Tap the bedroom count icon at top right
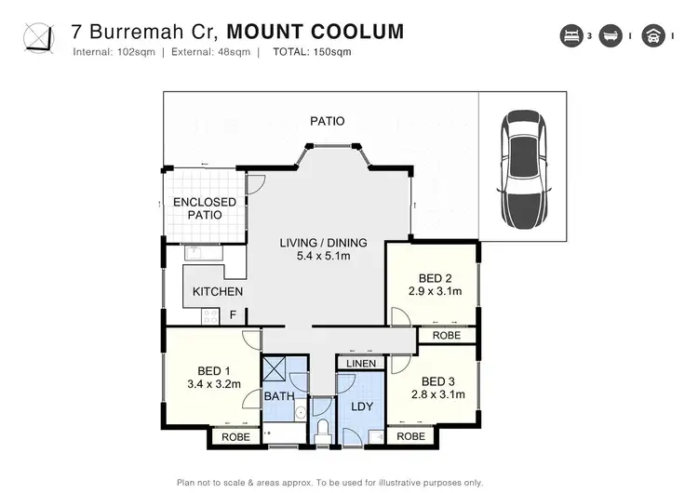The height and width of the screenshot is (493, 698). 569,37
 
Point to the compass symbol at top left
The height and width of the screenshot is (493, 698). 38,38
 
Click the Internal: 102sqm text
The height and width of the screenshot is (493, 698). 114,52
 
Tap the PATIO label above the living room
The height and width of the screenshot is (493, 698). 327,121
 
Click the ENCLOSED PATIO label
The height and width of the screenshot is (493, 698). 204,207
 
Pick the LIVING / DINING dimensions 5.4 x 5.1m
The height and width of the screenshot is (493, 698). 323,257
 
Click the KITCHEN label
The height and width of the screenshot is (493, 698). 218,291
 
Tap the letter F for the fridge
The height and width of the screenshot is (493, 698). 234,314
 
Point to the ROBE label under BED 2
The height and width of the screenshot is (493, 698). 447,335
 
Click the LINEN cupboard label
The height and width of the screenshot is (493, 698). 360,364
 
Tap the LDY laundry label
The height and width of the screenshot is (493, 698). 361,406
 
